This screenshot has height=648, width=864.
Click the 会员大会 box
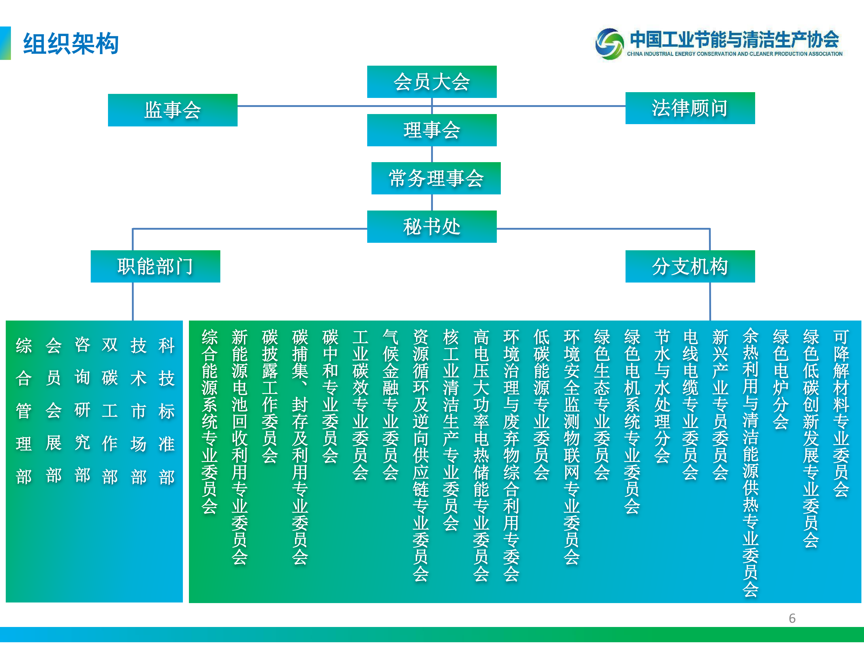(432, 82)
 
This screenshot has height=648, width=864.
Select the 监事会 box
(173, 110)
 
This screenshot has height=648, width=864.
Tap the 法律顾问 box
(690, 108)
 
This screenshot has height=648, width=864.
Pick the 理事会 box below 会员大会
(432, 130)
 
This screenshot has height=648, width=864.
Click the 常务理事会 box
(436, 178)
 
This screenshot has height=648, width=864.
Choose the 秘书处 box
(432, 227)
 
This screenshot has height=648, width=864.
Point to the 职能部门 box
(156, 266)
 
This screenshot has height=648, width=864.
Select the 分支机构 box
(690, 266)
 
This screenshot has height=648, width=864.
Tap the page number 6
(792, 618)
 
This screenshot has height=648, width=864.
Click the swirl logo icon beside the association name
(609, 44)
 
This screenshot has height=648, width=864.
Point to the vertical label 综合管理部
(24, 411)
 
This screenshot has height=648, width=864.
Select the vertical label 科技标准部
(166, 411)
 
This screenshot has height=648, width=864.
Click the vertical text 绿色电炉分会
(780, 379)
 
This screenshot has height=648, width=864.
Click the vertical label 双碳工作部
(110, 411)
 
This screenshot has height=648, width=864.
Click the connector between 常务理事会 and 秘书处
(432, 202)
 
